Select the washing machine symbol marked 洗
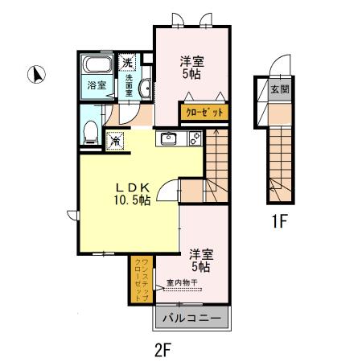(128, 62)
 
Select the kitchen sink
(168, 138)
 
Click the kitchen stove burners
(194, 138)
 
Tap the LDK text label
(127, 184)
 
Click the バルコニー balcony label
(192, 319)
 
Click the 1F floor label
(278, 222)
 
